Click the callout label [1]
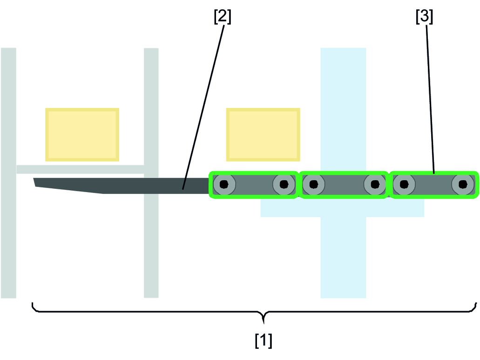[x=264, y=340]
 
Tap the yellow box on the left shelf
[x=82, y=134]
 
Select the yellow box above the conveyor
[x=263, y=134]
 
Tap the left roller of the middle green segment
[x=314, y=185]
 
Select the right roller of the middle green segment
[x=374, y=185]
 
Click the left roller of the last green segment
[x=404, y=185]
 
